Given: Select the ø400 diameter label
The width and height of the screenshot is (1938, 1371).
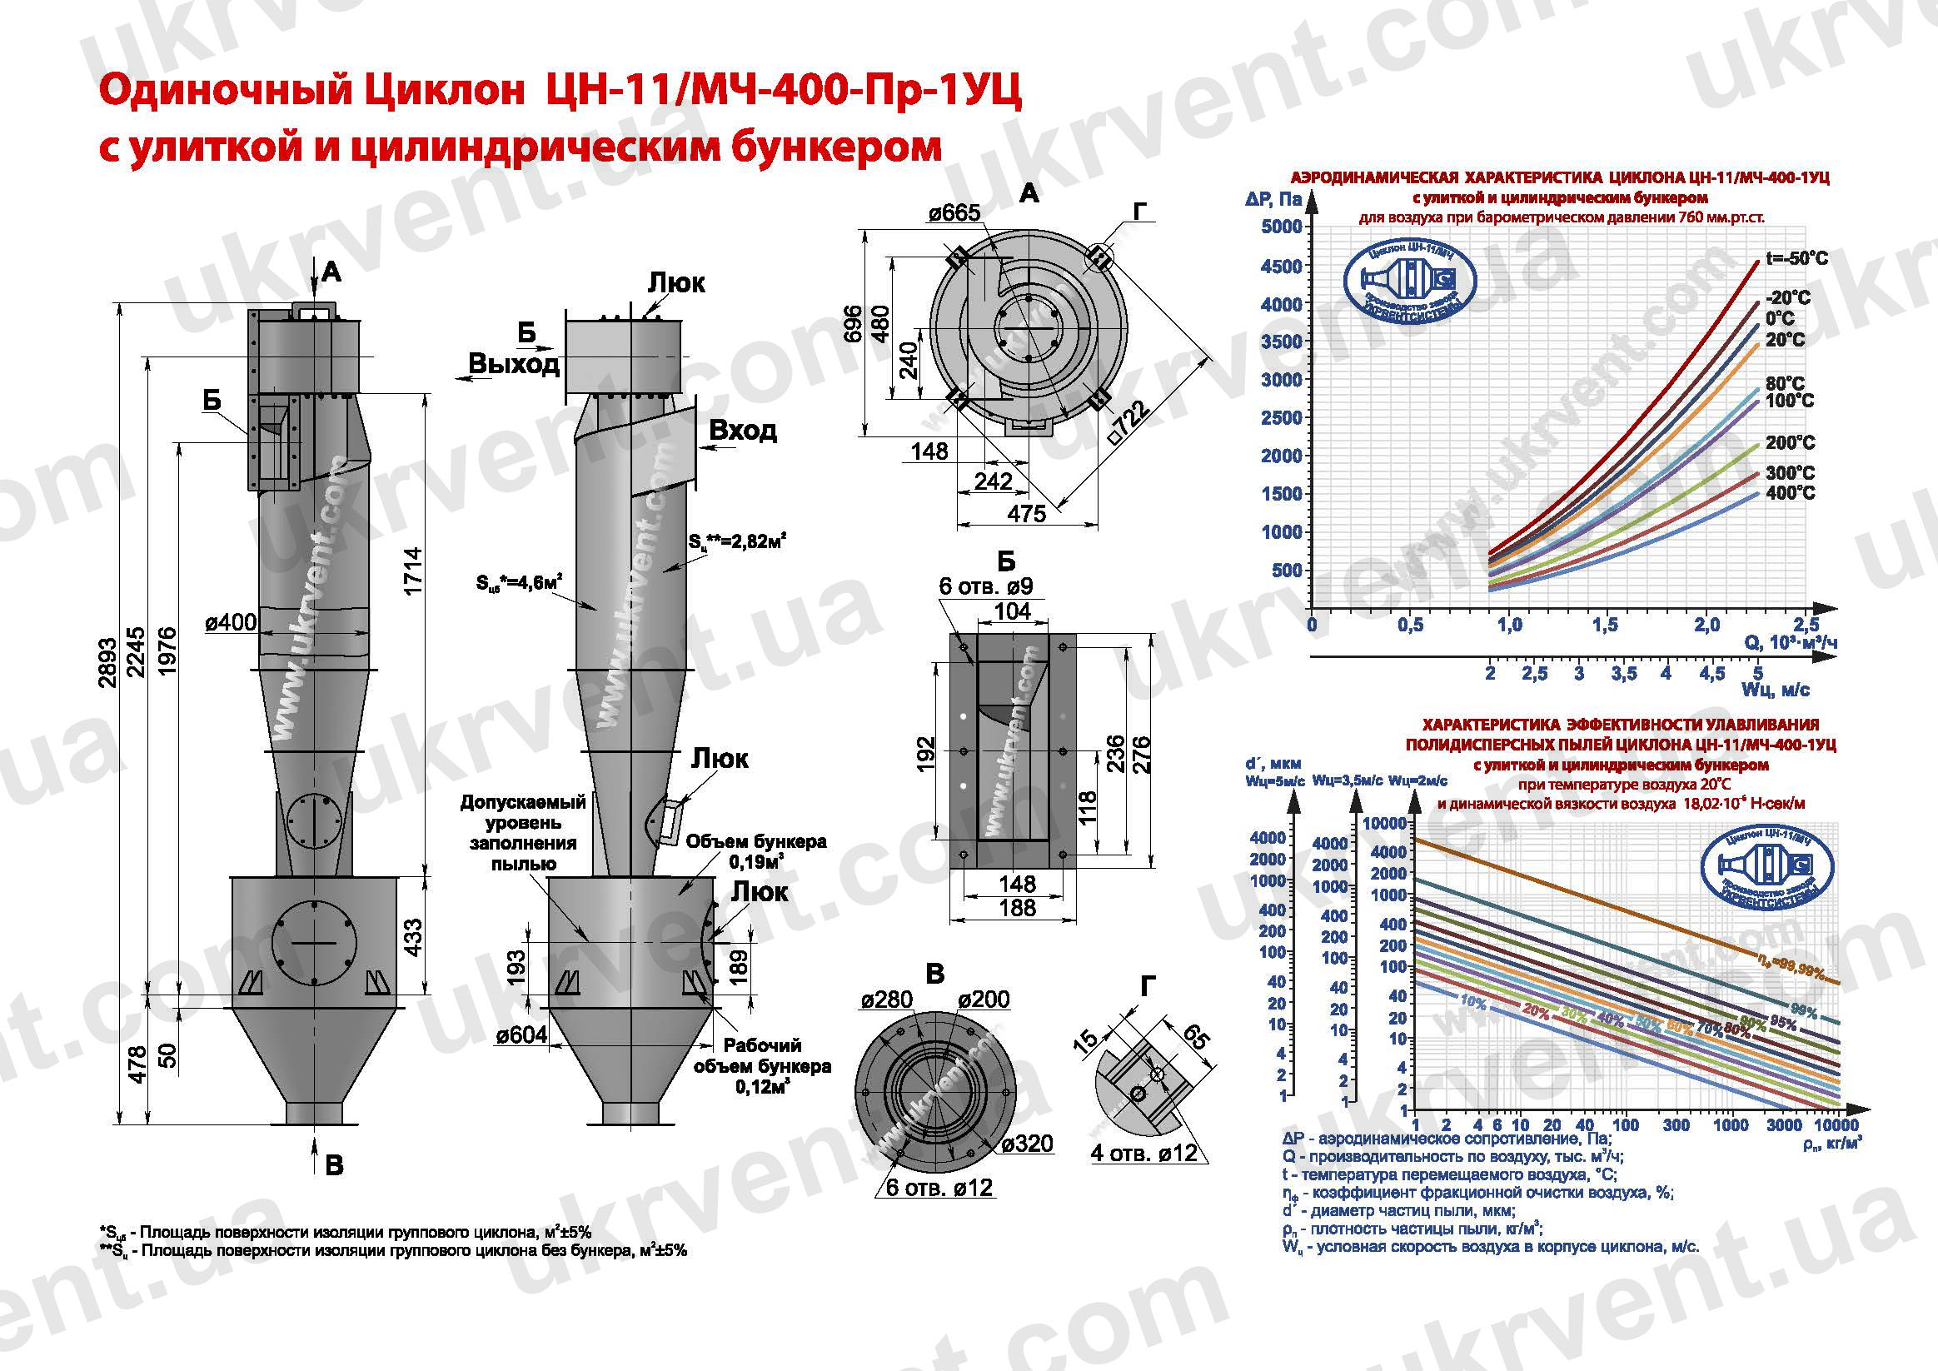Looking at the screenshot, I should point(231,623).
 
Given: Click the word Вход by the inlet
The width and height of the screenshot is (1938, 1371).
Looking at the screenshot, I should point(742,431).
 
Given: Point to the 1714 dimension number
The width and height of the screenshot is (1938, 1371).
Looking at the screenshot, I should point(413,571).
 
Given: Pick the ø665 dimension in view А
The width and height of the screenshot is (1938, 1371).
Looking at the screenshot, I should point(954,212).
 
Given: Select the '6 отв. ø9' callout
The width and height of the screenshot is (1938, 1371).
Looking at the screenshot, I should point(985,586).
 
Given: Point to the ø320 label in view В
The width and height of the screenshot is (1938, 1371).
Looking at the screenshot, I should point(1027,1143).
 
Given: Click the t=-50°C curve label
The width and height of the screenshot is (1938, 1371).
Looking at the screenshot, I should point(1797,258).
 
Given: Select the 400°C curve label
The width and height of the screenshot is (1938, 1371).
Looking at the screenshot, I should point(1791,492).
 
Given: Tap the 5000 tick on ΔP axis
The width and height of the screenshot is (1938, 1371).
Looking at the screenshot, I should point(1280,227).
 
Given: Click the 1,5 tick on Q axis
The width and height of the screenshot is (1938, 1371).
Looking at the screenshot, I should point(1605,625).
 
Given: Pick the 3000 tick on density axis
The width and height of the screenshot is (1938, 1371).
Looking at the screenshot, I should point(1784,1124).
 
